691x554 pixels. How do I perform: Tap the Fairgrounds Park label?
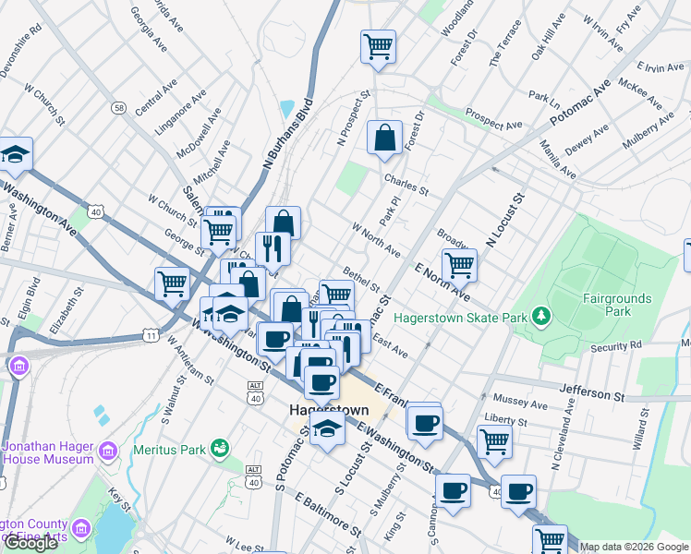(x=617, y=306)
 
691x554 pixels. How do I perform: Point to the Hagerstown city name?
(x=329, y=410)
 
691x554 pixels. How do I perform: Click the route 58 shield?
(x=119, y=108)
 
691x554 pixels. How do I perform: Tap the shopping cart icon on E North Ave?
(x=459, y=265)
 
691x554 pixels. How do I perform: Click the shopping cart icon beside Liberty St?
(x=495, y=442)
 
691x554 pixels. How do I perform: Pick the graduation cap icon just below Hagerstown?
(x=326, y=429)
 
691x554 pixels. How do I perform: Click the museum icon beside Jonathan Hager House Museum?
(x=109, y=451)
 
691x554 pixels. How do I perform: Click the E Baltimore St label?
(x=329, y=513)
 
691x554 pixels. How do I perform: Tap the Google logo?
(x=30, y=544)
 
